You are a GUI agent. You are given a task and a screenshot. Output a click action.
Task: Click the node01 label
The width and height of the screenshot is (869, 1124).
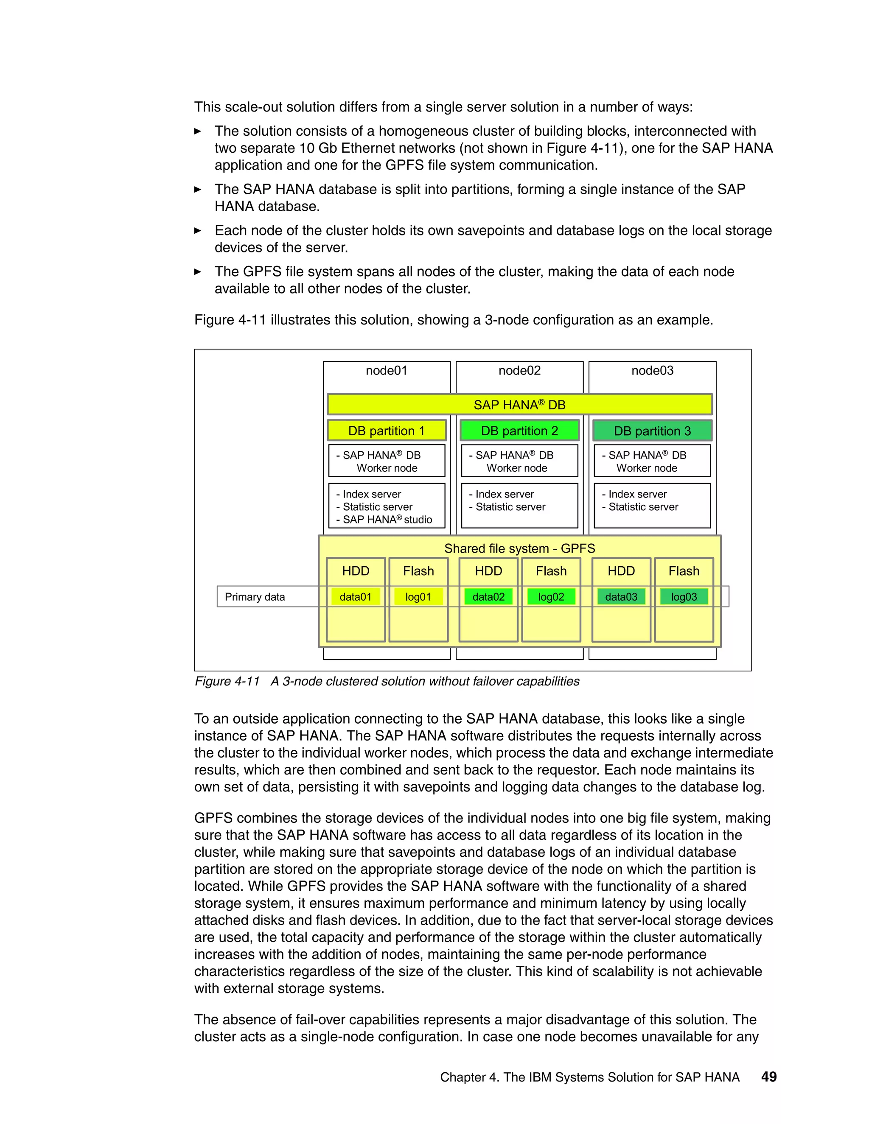(x=386, y=371)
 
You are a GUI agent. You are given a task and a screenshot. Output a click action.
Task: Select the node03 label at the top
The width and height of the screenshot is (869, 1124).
(x=652, y=371)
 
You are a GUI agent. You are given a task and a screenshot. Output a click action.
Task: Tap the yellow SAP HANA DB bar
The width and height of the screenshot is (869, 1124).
(x=519, y=405)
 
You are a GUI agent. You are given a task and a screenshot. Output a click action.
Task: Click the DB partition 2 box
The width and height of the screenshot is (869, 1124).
(x=519, y=431)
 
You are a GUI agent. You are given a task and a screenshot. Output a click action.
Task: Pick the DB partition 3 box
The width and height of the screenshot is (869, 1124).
(x=652, y=431)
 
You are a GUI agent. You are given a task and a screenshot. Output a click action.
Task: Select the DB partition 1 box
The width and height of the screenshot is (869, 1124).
(x=386, y=431)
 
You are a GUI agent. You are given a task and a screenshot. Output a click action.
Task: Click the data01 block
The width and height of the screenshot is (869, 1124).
(x=355, y=597)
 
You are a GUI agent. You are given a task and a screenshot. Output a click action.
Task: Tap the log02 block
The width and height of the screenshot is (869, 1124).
(x=551, y=597)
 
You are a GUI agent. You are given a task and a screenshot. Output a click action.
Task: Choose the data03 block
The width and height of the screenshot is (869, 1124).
(x=621, y=597)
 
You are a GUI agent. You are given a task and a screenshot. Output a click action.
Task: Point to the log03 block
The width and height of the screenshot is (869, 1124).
(x=684, y=597)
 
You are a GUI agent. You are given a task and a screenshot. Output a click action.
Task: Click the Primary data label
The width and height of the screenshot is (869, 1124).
(x=255, y=597)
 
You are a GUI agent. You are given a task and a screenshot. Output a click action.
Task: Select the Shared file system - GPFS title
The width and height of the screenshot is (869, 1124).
(x=519, y=548)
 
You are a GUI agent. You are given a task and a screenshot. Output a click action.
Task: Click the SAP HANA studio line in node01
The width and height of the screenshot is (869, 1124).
(x=387, y=520)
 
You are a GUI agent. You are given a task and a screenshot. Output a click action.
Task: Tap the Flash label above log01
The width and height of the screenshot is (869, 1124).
(x=418, y=571)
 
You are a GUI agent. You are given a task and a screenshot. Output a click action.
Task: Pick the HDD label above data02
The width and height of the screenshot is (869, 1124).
(x=488, y=571)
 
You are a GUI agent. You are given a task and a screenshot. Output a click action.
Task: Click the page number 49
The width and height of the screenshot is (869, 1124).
(x=768, y=1076)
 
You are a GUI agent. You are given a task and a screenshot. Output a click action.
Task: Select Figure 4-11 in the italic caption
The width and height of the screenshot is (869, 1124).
(x=227, y=682)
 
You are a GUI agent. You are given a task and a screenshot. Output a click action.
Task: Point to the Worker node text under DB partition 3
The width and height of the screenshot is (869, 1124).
(x=647, y=468)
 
